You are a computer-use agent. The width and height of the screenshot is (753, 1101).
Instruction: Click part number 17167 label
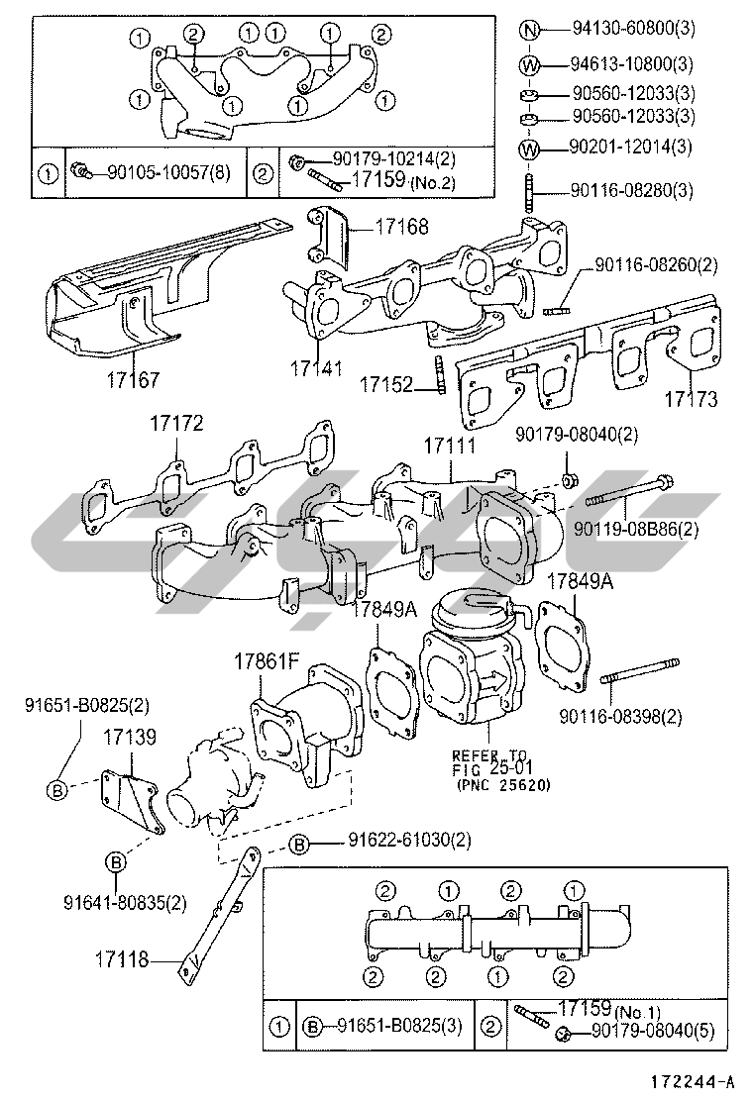click(134, 380)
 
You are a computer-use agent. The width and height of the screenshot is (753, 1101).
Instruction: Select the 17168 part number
click(402, 226)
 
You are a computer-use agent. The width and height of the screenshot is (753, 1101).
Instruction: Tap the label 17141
click(317, 368)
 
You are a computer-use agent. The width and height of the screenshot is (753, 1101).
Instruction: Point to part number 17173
click(692, 399)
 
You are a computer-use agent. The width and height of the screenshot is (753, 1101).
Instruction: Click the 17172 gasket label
click(175, 423)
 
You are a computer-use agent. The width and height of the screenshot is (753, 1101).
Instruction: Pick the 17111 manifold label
click(450, 446)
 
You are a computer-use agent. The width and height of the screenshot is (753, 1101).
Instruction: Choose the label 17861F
click(267, 660)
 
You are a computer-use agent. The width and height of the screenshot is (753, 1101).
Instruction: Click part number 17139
click(130, 737)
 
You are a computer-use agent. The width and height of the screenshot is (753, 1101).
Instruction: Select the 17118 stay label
click(122, 958)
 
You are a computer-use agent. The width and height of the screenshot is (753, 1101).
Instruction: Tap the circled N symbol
click(530, 29)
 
